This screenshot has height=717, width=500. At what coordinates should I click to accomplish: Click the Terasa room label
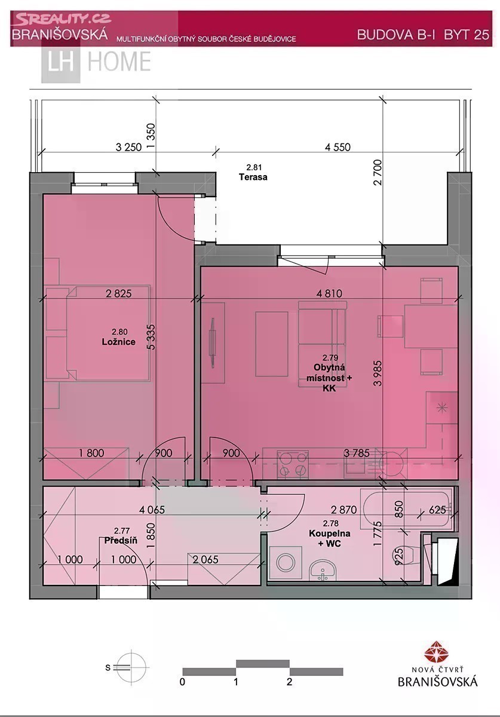tap(253, 177)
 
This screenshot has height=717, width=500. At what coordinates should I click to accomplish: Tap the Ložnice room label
tap(119, 342)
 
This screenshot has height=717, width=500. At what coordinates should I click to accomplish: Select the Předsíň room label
tap(121, 541)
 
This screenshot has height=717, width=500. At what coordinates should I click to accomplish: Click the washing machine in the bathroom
tap(286, 563)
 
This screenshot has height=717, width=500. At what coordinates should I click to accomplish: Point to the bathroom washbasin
tap(323, 570)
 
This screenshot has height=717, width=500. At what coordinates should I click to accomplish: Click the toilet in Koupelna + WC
tap(407, 555)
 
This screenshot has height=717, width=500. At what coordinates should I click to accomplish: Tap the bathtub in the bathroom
tap(407, 508)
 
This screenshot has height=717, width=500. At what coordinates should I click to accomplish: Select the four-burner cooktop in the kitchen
tap(293, 465)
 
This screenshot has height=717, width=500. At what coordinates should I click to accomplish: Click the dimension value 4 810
tap(329, 293)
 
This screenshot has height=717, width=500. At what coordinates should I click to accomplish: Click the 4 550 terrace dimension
tap(338, 147)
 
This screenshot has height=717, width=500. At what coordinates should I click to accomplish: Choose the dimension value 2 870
tap(343, 510)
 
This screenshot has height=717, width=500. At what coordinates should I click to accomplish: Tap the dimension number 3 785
tap(357, 453)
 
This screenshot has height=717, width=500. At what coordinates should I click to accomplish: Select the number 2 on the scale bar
tap(289, 682)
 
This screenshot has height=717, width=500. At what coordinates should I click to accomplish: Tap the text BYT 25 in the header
tap(467, 34)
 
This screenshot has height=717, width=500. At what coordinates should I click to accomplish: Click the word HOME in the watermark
tap(119, 61)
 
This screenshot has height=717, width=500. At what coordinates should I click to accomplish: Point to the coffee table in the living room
tap(272, 344)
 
